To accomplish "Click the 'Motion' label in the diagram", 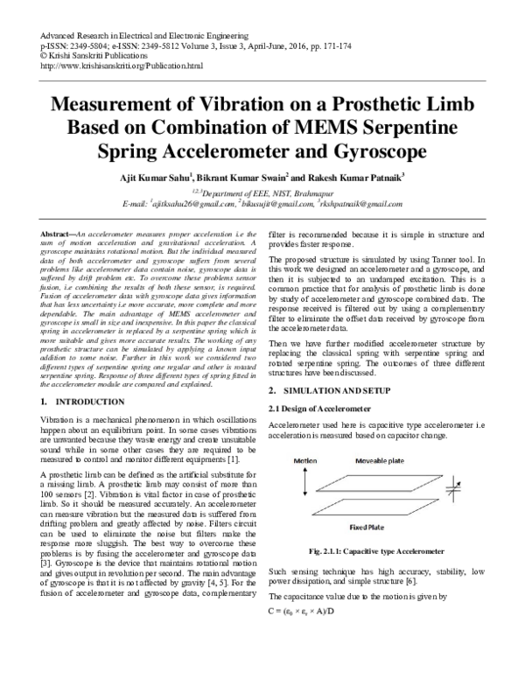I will pyautogui.click(x=305, y=459).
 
